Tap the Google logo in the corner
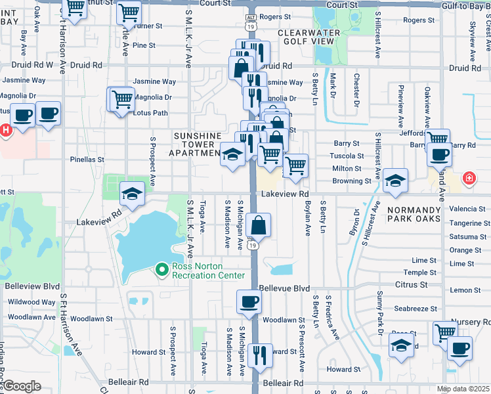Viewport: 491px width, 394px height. tap(22, 386)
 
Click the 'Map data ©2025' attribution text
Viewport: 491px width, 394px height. tap(463, 389)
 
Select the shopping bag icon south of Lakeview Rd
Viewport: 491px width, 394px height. tap(259, 225)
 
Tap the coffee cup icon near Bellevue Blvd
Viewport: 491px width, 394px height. tap(249, 302)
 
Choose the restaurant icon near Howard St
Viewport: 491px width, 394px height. tap(261, 355)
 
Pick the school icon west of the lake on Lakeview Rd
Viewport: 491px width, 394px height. tap(132, 193)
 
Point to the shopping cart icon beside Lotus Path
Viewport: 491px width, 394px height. tap(121, 100)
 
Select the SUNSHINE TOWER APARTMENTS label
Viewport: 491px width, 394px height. tap(197, 144)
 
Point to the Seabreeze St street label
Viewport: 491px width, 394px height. tap(415, 309)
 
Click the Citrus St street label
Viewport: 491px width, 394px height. tap(411, 284)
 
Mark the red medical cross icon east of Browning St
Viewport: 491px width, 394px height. tap(469, 178)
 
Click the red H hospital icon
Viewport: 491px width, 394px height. tap(6, 130)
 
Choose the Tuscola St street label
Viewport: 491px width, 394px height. tap(347, 156)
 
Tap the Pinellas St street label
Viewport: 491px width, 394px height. tap(87, 159)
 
